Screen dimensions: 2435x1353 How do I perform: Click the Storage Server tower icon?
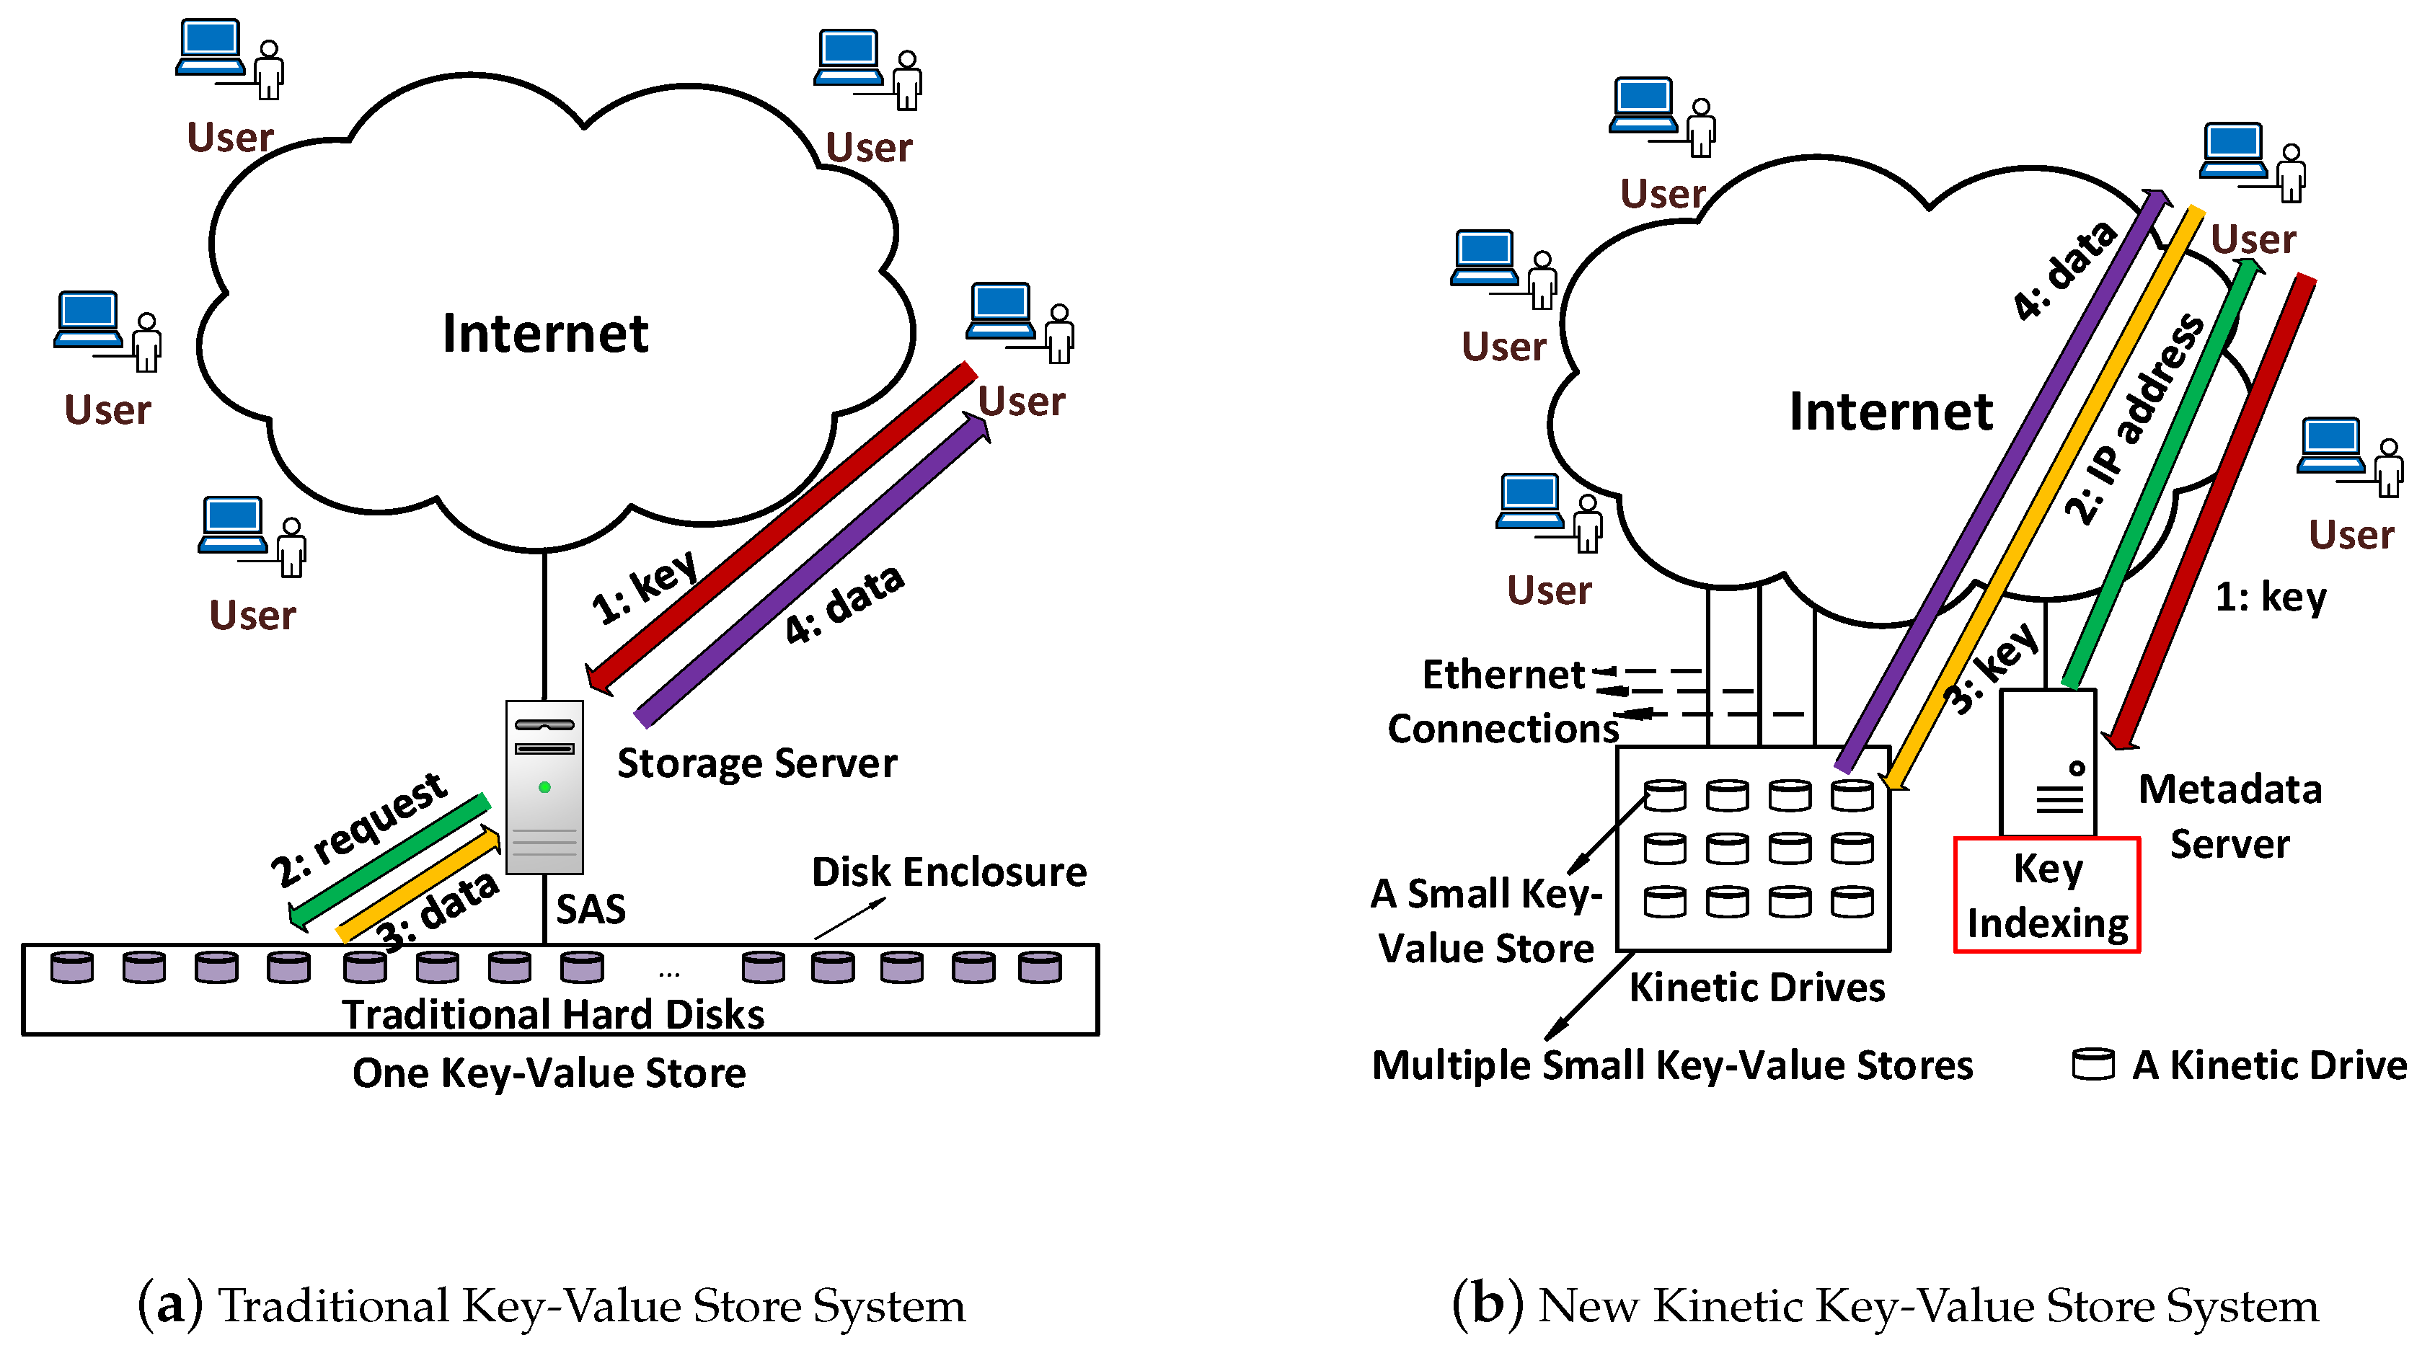(x=544, y=787)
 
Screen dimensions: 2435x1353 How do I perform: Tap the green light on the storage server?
(x=544, y=787)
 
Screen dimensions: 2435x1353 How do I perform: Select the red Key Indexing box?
(x=2046, y=895)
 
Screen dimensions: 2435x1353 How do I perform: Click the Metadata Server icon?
(x=2048, y=763)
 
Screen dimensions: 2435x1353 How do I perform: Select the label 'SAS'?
(x=591, y=909)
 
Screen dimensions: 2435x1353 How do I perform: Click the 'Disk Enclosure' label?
(x=949, y=871)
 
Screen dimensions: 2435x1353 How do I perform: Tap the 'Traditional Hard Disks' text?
(x=553, y=1013)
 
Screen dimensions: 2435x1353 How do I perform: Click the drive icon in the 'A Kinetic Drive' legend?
(x=2092, y=1064)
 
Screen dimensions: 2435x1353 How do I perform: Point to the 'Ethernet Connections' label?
(x=1503, y=701)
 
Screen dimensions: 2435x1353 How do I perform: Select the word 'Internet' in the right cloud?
(x=1891, y=411)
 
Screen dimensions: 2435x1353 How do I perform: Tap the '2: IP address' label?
(x=2134, y=419)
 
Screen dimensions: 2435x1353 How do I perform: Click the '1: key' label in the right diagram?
(x=2271, y=597)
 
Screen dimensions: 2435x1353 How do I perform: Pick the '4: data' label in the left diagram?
(x=844, y=605)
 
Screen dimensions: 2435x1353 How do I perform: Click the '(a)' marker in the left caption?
(x=170, y=1304)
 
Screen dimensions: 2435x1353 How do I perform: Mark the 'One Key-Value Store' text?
(x=549, y=1073)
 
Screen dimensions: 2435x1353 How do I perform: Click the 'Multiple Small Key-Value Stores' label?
(x=1672, y=1065)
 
